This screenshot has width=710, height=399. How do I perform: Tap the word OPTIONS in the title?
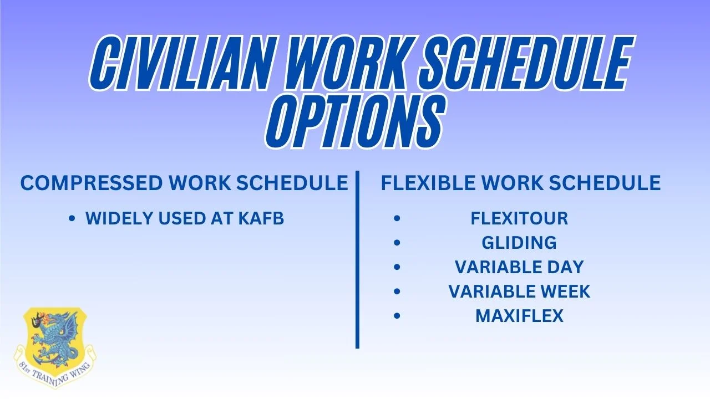(x=356, y=121)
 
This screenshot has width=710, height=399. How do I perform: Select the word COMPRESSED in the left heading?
(x=92, y=183)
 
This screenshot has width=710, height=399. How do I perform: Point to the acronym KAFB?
(x=261, y=218)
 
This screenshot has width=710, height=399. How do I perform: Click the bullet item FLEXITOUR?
(x=519, y=218)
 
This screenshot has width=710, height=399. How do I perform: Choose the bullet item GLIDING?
(x=519, y=243)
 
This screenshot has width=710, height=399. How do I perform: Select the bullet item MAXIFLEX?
(x=520, y=316)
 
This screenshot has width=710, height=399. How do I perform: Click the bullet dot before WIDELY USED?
(x=72, y=218)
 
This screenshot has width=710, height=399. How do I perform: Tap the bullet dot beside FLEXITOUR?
(x=397, y=218)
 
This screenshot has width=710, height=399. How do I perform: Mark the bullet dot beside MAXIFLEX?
(x=397, y=316)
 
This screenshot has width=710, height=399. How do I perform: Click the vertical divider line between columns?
(x=357, y=260)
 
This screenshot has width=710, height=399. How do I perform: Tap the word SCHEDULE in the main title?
(x=526, y=63)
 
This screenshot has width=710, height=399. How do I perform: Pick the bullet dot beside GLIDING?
(x=397, y=243)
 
